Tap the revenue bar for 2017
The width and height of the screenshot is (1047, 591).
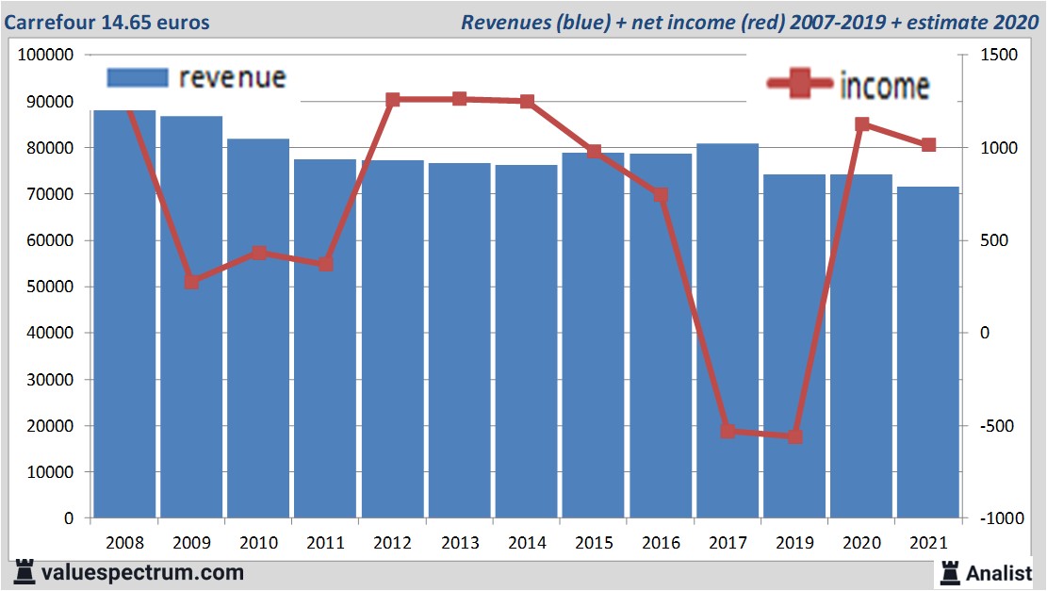pos(728,330)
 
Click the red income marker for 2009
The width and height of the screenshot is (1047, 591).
pos(191,282)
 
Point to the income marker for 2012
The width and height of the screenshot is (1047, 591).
pos(393,100)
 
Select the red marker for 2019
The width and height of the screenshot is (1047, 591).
pos(794,436)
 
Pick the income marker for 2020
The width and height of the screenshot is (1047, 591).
pos(861,124)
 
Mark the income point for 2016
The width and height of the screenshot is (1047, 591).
pos(661,195)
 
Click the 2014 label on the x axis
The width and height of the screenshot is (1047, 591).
pos(527,544)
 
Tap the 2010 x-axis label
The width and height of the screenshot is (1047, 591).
pos(258,544)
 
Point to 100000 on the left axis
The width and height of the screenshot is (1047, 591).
pos(46,56)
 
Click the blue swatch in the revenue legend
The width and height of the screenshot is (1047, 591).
pos(138,77)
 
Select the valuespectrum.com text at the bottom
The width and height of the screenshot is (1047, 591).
pos(142,572)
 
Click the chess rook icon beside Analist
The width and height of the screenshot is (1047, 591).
pos(949,571)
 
